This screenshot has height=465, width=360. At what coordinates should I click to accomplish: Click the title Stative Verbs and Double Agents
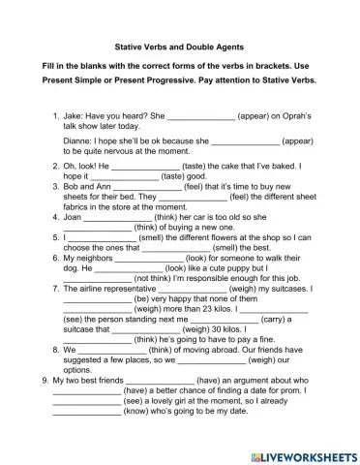pyautogui.click(x=179, y=46)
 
